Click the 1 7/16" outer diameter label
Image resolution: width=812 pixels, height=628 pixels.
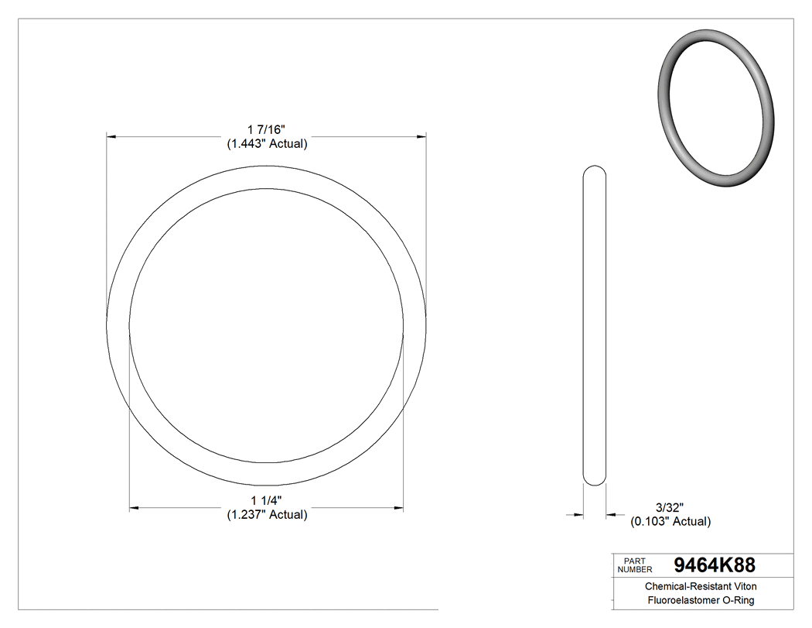point(267,129)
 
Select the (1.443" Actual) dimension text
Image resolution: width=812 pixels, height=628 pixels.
point(267,144)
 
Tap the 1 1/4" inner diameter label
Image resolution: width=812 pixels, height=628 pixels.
point(267,499)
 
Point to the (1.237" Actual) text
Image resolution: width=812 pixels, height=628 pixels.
point(267,515)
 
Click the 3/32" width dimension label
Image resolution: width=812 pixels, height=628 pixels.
point(670,507)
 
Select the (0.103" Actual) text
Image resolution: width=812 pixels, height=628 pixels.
point(670,522)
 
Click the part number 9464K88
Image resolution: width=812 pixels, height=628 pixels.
point(715,565)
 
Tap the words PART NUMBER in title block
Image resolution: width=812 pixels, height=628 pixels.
point(635,565)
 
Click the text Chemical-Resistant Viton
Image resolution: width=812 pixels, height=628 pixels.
point(701,587)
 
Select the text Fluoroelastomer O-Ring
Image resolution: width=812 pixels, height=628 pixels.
point(701,601)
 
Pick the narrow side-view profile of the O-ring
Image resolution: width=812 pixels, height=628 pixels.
point(594,325)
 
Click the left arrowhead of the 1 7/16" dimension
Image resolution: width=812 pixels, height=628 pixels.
point(111,137)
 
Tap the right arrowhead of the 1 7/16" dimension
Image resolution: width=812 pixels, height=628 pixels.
point(421,137)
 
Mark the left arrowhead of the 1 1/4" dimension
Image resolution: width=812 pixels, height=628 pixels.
point(134,508)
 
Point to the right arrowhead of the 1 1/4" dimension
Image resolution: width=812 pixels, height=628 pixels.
point(399,508)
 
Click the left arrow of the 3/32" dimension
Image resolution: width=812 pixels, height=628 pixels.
point(578,513)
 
